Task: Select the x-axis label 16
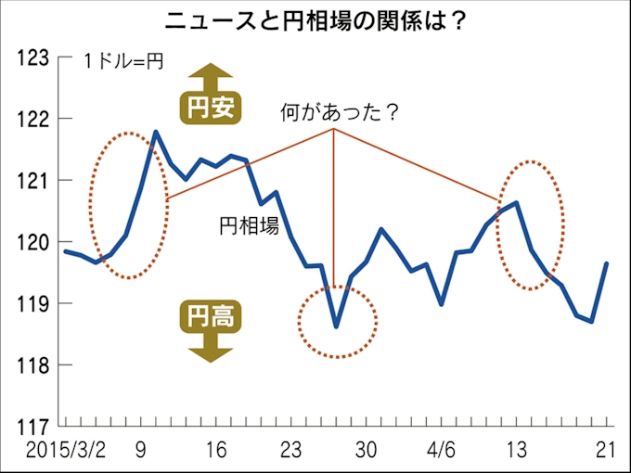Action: pos(215,450)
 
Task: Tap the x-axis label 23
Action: pos(291,450)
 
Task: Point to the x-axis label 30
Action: pos(367,450)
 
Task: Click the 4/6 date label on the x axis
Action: pos(441,450)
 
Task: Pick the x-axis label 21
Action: pos(606,450)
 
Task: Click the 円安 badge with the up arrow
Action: pos(209,109)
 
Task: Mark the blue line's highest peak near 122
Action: pos(156,132)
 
